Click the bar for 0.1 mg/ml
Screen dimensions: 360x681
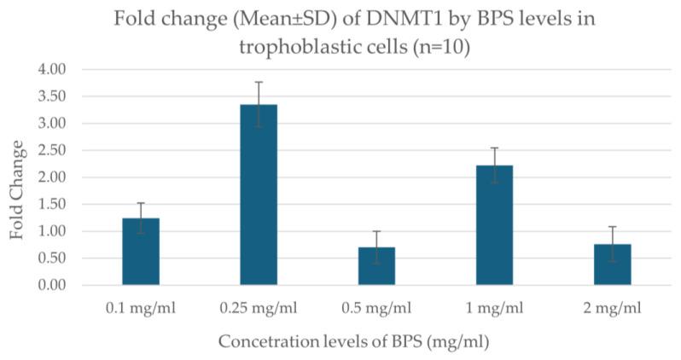click(x=141, y=252)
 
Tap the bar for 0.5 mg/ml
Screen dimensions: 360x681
click(x=376, y=266)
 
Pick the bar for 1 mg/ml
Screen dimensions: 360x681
click(x=494, y=225)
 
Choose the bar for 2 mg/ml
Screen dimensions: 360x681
click(x=612, y=264)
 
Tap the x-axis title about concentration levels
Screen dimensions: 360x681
click(x=352, y=342)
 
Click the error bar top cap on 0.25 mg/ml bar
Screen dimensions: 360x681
click(x=259, y=82)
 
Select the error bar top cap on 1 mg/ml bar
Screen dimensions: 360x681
click(x=494, y=148)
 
